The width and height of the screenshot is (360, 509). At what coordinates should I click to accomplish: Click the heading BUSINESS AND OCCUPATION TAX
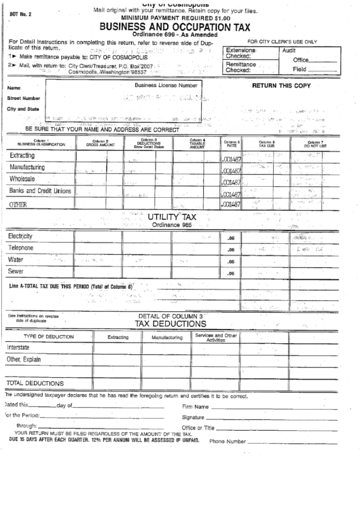click(179, 27)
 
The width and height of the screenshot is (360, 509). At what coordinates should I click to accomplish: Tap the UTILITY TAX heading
click(173, 217)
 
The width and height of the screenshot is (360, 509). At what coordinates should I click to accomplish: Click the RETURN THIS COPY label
click(281, 86)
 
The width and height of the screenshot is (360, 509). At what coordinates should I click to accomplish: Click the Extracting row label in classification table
click(22, 156)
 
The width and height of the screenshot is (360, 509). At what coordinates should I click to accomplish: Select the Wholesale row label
click(23, 179)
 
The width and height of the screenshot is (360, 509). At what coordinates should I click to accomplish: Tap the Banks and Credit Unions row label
click(40, 192)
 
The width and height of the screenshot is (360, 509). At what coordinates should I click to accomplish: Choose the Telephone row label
click(21, 248)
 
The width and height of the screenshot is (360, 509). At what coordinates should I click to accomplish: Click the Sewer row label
click(16, 272)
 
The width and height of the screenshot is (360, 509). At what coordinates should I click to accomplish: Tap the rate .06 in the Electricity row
click(230, 237)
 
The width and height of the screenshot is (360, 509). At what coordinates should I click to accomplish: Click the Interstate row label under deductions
click(18, 347)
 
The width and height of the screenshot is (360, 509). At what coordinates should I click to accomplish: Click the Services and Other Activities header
click(216, 337)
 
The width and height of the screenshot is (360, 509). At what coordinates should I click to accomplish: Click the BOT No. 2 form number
click(17, 14)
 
